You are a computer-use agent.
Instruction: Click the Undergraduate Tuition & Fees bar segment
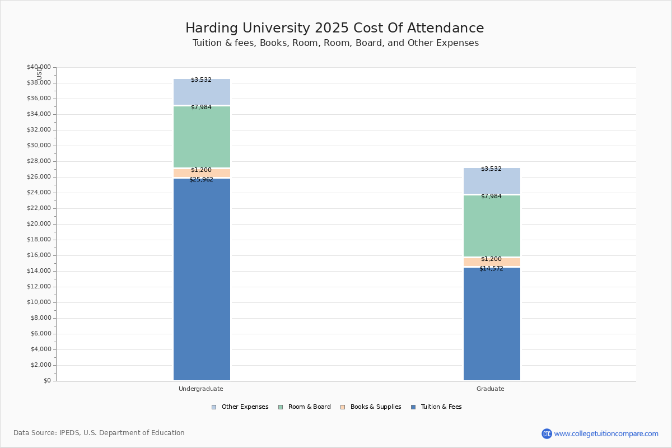tap(202, 280)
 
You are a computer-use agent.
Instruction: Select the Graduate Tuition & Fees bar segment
tap(492, 325)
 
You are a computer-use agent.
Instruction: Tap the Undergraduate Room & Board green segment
tap(202, 137)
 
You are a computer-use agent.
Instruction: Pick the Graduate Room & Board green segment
tap(492, 226)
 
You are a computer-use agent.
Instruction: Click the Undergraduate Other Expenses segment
tap(202, 92)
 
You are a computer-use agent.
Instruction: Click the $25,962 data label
tap(201, 180)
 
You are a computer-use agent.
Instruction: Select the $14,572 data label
tap(491, 269)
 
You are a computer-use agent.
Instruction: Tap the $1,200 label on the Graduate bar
tap(491, 259)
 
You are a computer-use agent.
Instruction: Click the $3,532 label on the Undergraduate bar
tap(201, 80)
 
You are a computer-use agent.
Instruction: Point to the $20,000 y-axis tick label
tap(39, 224)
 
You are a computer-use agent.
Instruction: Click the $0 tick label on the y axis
tap(46, 381)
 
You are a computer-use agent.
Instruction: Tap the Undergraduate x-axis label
tap(201, 389)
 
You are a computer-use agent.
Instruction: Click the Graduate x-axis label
tap(491, 389)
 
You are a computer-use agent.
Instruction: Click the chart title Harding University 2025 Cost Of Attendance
tap(335, 28)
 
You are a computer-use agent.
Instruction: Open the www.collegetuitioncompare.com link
tap(606, 433)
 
